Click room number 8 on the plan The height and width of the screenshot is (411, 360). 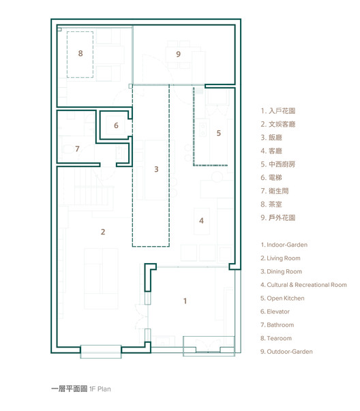click(x=80, y=53)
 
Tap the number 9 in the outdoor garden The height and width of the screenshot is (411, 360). click(x=179, y=55)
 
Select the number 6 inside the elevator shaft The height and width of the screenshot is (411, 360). click(x=116, y=125)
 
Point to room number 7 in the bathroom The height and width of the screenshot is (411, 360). click(x=77, y=149)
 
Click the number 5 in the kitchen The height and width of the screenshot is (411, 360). click(x=219, y=133)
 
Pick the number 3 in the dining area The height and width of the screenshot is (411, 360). click(x=156, y=169)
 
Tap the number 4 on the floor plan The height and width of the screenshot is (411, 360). click(x=201, y=221)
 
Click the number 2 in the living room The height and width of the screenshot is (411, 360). click(x=103, y=232)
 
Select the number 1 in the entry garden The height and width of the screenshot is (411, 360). click(x=185, y=301)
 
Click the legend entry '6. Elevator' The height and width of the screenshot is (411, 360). click(x=275, y=311)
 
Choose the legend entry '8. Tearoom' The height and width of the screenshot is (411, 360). click(x=276, y=338)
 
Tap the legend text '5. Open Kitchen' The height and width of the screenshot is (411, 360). click(x=282, y=299)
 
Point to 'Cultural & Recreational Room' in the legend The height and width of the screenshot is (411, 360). click(x=307, y=285)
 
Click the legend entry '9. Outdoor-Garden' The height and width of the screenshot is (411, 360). click(x=286, y=352)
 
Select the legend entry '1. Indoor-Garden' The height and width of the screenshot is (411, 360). click(x=284, y=245)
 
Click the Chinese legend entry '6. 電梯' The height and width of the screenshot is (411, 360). click(x=271, y=178)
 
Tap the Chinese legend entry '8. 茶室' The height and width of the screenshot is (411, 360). click(x=271, y=204)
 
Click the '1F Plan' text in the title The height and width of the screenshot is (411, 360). click(x=100, y=389)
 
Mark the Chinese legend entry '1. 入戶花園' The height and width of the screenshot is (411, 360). click(x=278, y=111)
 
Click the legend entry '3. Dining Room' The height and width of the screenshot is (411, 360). click(x=282, y=271)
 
